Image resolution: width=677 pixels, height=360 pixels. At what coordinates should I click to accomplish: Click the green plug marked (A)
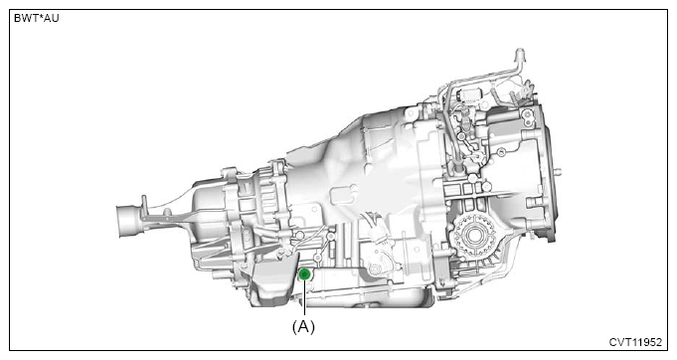click(x=305, y=273)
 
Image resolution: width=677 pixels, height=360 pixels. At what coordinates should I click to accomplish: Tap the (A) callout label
click(x=303, y=327)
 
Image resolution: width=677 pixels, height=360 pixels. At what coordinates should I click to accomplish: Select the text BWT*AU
click(x=36, y=19)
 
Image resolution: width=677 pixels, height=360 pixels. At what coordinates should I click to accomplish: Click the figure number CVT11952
click(x=635, y=342)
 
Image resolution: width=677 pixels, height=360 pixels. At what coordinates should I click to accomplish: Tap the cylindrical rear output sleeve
click(x=128, y=222)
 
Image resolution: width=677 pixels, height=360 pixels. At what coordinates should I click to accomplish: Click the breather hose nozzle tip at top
click(x=520, y=55)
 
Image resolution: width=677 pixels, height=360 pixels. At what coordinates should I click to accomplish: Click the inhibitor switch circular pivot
click(x=374, y=270)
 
